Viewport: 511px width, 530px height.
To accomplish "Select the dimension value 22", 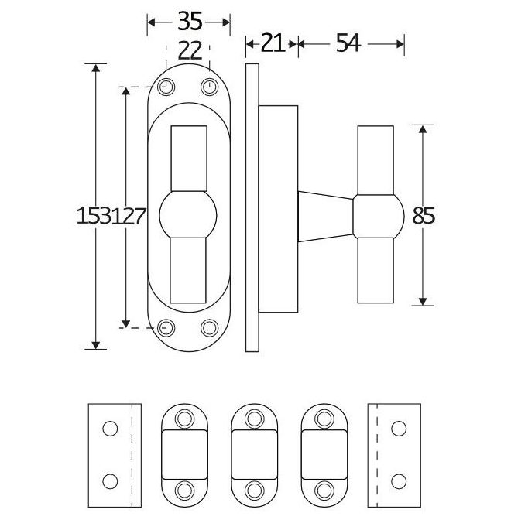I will point(189,51).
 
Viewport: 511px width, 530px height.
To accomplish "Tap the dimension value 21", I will point(271,44).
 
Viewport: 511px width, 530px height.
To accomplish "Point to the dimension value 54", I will point(348,44).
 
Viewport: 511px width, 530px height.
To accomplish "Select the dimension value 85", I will point(424,217).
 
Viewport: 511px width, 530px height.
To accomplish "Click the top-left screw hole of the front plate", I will point(166,87).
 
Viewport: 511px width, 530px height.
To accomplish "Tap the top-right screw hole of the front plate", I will point(210,87).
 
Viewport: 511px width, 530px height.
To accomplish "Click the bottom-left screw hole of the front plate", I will point(166,328).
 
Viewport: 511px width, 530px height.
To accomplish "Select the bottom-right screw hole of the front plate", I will point(210,328).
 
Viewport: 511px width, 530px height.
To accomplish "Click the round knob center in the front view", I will point(188,217).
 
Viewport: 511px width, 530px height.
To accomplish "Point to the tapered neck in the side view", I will point(325,216).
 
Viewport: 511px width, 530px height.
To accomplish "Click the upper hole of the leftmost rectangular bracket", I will point(110,428).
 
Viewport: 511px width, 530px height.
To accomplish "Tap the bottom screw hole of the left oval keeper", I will point(185,489).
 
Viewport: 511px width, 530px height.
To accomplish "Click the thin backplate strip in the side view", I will point(251,207).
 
